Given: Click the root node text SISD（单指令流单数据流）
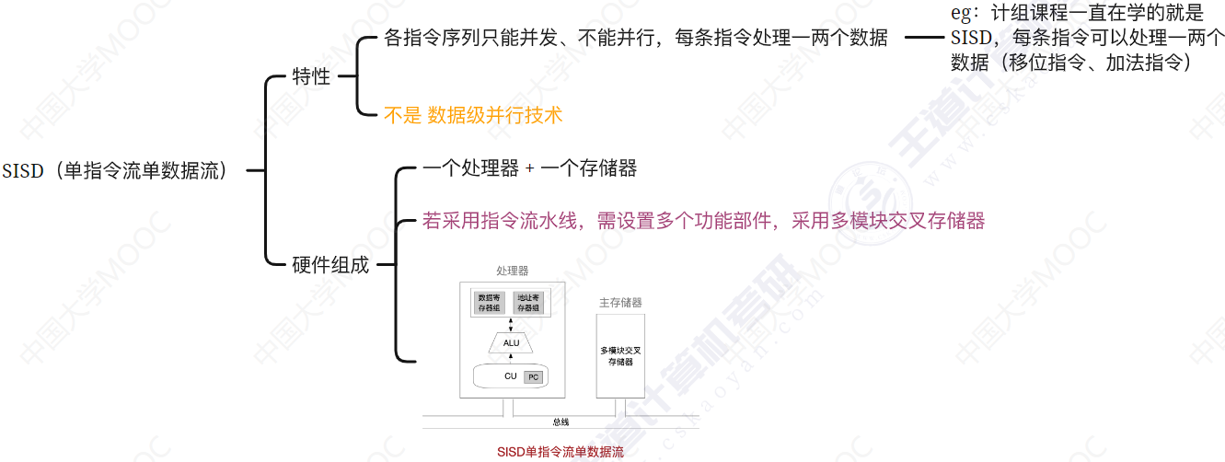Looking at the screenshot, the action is click(x=115, y=171).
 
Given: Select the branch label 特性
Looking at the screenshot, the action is click(x=311, y=76).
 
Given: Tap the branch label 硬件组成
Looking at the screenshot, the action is click(x=330, y=265).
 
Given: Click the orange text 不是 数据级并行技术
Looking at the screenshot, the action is click(x=473, y=115).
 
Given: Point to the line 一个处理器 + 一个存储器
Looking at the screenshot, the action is click(x=529, y=168).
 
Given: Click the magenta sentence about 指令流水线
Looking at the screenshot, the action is click(x=703, y=221).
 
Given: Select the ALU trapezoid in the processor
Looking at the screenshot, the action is click(x=511, y=343).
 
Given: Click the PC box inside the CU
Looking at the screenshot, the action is click(x=533, y=377).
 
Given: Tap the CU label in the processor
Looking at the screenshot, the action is click(x=510, y=376).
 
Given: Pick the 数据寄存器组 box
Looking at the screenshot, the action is click(x=489, y=303).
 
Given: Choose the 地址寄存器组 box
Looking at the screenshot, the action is click(x=529, y=303).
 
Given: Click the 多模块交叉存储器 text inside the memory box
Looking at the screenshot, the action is click(x=620, y=356).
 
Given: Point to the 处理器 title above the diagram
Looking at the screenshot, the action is click(x=512, y=271).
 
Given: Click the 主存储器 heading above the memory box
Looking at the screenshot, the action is click(x=620, y=302).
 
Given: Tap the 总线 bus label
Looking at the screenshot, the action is click(x=560, y=422).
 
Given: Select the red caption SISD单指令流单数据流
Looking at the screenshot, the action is click(x=560, y=452).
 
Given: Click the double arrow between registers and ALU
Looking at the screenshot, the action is click(x=511, y=324).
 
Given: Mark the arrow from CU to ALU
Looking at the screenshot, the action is click(x=511, y=359).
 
